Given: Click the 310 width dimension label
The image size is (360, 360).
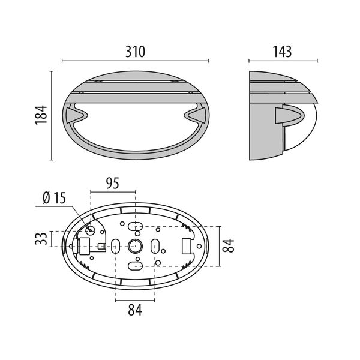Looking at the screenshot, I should click(136, 52).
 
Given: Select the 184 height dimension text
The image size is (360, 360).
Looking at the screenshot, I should click(40, 116).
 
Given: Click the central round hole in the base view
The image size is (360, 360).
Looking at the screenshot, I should click(134, 245).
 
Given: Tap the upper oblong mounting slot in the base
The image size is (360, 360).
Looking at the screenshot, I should click(136, 226).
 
